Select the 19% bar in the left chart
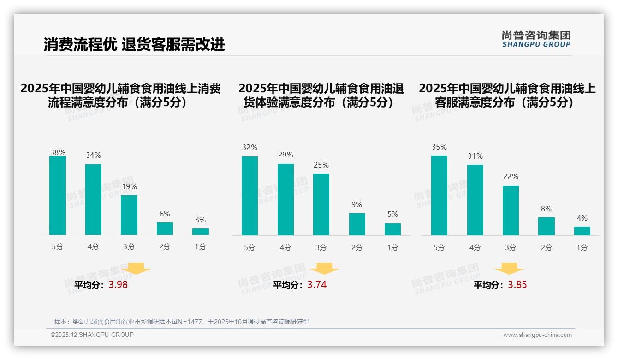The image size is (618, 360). pyautogui.click(x=129, y=215)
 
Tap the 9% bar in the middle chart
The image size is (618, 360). pyautogui.click(x=357, y=224)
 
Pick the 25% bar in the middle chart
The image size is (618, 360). pyautogui.click(x=321, y=204)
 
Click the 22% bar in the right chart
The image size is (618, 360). pyautogui.click(x=511, y=210)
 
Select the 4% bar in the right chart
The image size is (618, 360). pyautogui.click(x=582, y=231)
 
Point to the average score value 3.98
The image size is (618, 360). pyautogui.click(x=118, y=285)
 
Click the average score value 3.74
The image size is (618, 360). pyautogui.click(x=317, y=285)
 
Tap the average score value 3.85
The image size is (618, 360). pyautogui.click(x=517, y=285)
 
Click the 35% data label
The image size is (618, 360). pyautogui.click(x=439, y=147)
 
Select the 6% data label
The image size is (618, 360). pyautogui.click(x=165, y=214)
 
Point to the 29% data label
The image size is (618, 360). pyautogui.click(x=285, y=155)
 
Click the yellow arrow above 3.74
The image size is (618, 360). pyautogui.click(x=325, y=269)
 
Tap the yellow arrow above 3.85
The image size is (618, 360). pyautogui.click(x=509, y=269)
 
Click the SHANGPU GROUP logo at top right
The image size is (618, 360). pyautogui.click(x=536, y=39)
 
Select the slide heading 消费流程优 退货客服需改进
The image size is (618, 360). pyautogui.click(x=134, y=44)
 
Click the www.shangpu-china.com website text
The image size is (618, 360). pyautogui.click(x=537, y=335)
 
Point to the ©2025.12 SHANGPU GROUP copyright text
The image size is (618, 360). pyautogui.click(x=92, y=335)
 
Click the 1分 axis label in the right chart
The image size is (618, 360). pyautogui.click(x=582, y=247)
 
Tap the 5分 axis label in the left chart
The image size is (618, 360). pyautogui.click(x=58, y=246)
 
